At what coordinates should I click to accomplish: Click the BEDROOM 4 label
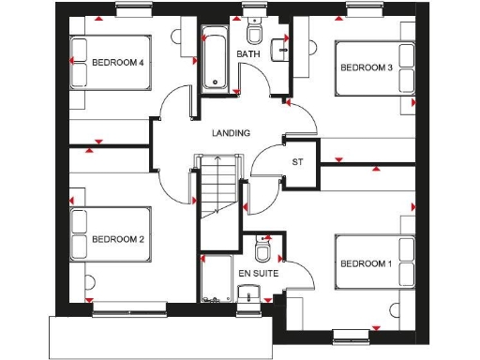point(117,64)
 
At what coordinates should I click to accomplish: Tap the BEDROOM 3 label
point(366,67)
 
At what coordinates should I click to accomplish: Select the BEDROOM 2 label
point(117,239)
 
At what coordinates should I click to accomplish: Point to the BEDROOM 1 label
point(366,262)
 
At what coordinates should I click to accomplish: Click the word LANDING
point(232,133)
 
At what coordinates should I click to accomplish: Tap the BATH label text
point(248,54)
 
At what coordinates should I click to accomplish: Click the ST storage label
point(297,162)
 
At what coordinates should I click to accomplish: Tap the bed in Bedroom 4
point(110,64)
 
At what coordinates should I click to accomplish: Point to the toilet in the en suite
point(264,252)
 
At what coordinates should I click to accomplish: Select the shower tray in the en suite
point(216,278)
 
